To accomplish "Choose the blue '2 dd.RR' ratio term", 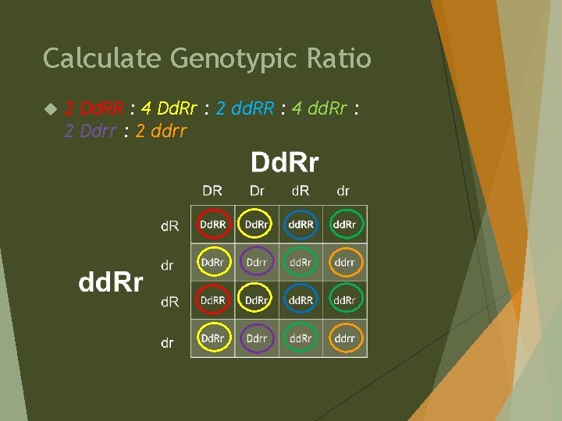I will tap(244, 108).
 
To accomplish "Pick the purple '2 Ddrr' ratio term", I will tap(91, 130).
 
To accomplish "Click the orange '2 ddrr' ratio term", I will tap(161, 130).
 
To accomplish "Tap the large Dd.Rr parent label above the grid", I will tap(284, 162).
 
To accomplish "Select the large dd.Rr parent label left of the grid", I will tap(110, 282).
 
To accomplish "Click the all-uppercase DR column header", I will tap(212, 190).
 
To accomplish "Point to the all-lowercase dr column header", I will tap(343, 190).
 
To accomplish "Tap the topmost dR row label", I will tap(169, 226).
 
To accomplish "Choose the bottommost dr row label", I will tap(168, 342).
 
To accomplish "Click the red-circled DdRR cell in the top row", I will tap(212, 225).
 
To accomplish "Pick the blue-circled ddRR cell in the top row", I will tap(301, 225).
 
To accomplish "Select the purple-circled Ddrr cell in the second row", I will tap(257, 263).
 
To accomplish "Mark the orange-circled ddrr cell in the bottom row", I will tap(345, 338).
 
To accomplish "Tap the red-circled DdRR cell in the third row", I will tap(212, 300).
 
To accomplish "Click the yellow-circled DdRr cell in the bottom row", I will tap(212, 338).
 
